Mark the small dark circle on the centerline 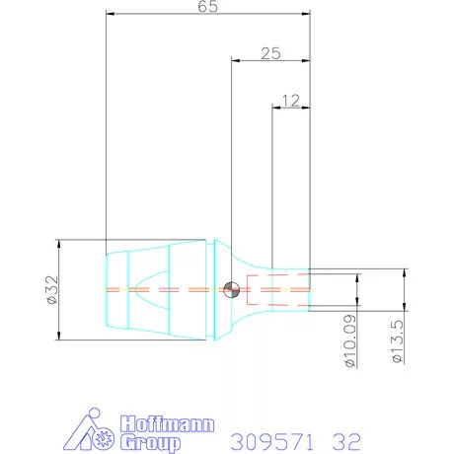230,289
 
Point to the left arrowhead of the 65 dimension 110,15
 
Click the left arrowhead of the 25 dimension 235,59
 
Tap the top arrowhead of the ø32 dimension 59,243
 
